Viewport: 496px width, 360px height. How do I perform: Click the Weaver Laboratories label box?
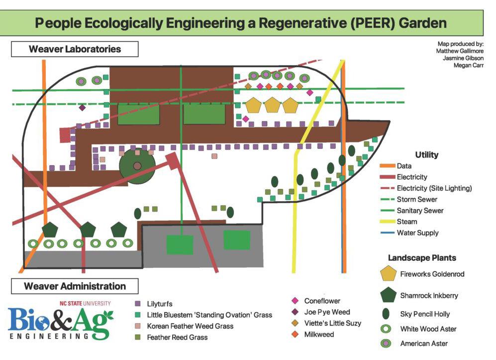pyautogui.click(x=75, y=49)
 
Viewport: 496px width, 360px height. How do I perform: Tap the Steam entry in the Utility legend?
pyautogui.click(x=406, y=222)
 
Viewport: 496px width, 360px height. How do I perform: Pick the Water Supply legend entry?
pyautogui.click(x=417, y=233)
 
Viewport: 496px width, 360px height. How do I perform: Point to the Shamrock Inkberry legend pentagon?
pyautogui.click(x=388, y=295)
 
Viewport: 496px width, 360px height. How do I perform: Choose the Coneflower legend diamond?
pyautogui.click(x=295, y=301)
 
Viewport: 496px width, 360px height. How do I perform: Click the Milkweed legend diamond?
pyautogui.click(x=295, y=335)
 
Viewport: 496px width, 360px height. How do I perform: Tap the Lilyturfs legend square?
pyautogui.click(x=138, y=303)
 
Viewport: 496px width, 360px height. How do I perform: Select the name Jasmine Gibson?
pyautogui.click(x=463, y=58)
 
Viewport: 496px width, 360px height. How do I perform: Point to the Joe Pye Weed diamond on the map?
pyautogui.click(x=82, y=108)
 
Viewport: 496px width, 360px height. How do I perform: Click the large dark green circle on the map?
pyautogui.click(x=138, y=165)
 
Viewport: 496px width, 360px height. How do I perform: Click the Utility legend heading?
pyautogui.click(x=426, y=155)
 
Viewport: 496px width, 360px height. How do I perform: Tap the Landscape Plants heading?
pyautogui.click(x=422, y=258)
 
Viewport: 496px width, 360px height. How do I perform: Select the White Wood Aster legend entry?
pyautogui.click(x=428, y=329)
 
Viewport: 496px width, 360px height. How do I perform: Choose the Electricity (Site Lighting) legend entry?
pyautogui.click(x=434, y=188)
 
